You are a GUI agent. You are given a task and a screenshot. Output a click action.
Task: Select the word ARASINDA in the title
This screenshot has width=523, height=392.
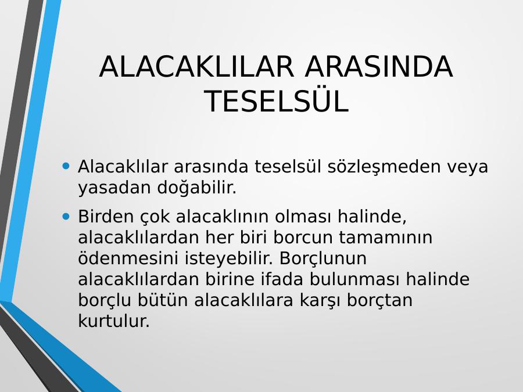coord(378,66)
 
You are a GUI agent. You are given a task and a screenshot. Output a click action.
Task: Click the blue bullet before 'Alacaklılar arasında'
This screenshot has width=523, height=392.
coord(66,166)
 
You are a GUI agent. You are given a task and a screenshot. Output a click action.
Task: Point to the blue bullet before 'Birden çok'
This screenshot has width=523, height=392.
coord(66,217)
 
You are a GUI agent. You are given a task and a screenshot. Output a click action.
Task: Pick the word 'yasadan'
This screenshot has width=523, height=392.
coord(114,188)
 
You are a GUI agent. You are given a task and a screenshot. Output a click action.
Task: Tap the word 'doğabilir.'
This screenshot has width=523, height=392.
coord(197,188)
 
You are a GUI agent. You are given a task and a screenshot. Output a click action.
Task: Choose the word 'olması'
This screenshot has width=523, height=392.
coord(303,217)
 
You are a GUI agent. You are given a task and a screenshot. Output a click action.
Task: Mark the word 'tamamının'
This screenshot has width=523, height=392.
coord(386,238)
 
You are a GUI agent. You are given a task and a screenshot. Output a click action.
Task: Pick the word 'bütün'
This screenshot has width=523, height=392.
coord(163,300)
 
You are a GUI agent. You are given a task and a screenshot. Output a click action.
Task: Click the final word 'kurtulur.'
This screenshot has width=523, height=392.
coord(114,321)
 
